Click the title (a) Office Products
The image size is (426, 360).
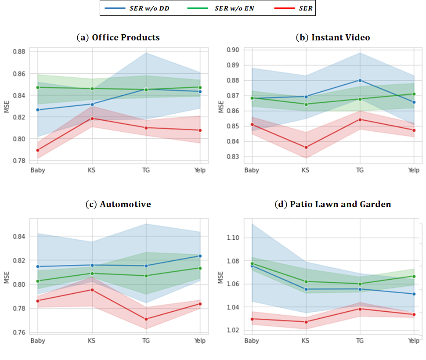pyautogui.click(x=118, y=37)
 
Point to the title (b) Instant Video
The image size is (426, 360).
pyautogui.click(x=333, y=37)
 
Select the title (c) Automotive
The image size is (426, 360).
pyautogui.click(x=118, y=204)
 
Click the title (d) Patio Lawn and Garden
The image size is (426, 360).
pyautogui.click(x=333, y=204)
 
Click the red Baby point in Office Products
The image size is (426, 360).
pyautogui.click(x=38, y=150)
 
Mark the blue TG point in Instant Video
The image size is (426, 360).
pyautogui.click(x=360, y=80)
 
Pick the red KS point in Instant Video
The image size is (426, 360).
pyautogui.click(x=306, y=148)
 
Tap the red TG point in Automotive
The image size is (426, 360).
pyautogui.click(x=145, y=319)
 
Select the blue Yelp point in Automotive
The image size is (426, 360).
pyautogui.click(x=200, y=256)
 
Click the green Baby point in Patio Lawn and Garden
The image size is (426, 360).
pyautogui.click(x=252, y=263)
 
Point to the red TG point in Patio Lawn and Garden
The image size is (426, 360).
pyautogui.click(x=360, y=309)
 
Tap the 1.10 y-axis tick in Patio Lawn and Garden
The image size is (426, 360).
pyautogui.click(x=233, y=238)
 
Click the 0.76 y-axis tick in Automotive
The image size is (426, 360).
pyautogui.click(x=20, y=332)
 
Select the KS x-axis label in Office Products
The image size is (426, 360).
pyautogui.click(x=92, y=170)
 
